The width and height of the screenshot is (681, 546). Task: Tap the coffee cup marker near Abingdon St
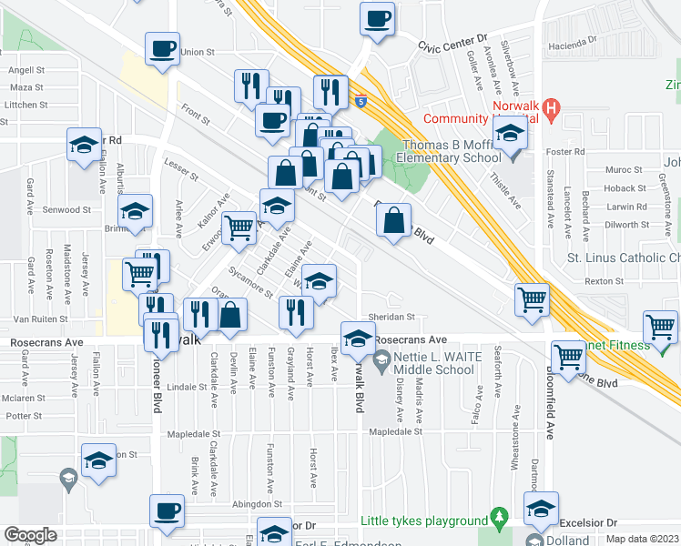tap(166, 511)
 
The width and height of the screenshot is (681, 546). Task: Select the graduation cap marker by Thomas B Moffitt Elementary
tap(510, 136)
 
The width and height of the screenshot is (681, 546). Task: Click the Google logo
tap(30, 535)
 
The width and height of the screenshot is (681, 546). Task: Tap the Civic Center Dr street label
tap(453, 44)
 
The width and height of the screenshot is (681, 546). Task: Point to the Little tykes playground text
tap(424, 521)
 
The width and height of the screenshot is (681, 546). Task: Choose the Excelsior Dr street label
tap(587, 523)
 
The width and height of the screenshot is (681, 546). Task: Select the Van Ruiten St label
tap(42, 320)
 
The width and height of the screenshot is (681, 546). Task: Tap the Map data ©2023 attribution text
tap(641, 538)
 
